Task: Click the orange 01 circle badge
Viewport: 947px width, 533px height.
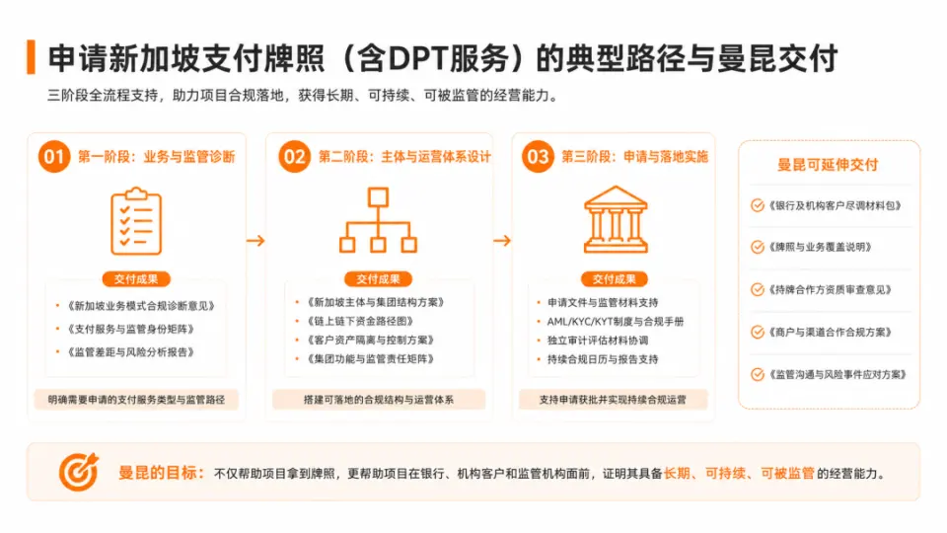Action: point(53,157)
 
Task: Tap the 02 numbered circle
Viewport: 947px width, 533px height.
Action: point(294,157)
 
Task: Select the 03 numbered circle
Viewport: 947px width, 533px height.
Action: point(538,157)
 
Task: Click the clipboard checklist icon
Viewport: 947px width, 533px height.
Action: point(136,220)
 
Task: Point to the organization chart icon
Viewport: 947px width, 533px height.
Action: point(378,220)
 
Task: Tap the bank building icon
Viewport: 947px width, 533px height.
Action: point(616,219)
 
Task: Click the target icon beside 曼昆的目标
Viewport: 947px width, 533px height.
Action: point(79,472)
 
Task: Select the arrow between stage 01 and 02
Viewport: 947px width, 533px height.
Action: point(255,241)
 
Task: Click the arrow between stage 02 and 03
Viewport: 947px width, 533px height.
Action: point(502,241)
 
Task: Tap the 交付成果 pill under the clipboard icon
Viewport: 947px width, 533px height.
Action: point(136,278)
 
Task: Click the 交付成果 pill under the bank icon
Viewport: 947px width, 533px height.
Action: point(615,278)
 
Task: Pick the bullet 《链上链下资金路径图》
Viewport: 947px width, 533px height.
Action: point(360,321)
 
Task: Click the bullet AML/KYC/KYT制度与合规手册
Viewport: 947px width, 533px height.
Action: point(616,322)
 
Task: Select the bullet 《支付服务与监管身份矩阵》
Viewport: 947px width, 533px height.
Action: point(130,329)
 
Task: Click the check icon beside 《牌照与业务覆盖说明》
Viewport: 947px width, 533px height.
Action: point(758,247)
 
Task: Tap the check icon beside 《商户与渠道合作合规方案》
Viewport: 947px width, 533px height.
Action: point(758,332)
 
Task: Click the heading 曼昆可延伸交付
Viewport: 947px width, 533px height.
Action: point(828,165)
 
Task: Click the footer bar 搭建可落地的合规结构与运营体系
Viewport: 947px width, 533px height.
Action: point(379,400)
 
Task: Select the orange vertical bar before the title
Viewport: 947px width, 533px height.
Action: point(31,57)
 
